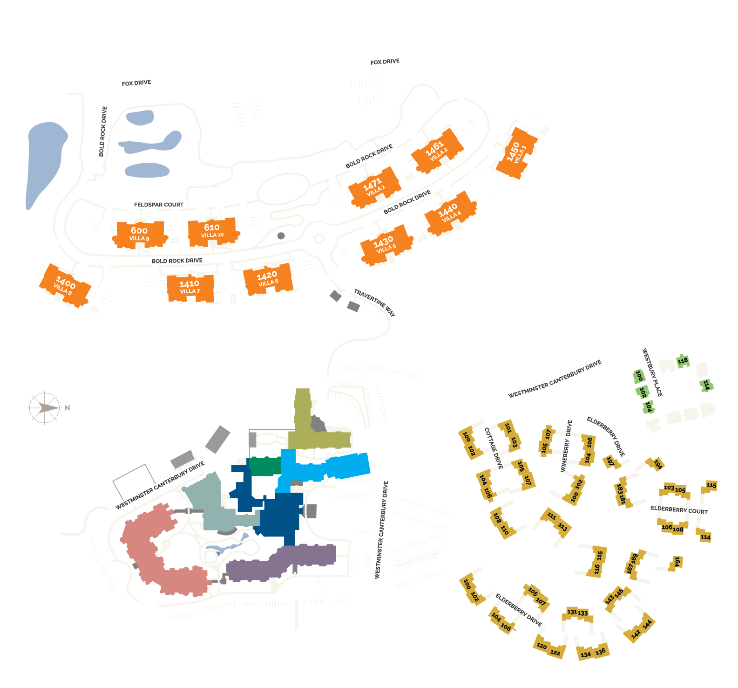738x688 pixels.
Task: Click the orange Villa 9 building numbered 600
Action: (140, 234)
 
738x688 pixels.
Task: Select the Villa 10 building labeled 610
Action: (212, 231)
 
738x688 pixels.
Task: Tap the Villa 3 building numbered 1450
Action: (516, 153)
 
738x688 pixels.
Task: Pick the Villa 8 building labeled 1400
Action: (65, 285)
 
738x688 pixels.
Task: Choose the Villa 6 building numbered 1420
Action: (268, 279)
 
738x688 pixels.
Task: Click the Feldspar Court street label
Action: (159, 205)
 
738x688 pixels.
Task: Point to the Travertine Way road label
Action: (374, 303)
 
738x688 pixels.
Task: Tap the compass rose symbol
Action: (44, 408)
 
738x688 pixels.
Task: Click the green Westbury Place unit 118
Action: (683, 361)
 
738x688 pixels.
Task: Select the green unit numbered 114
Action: (706, 385)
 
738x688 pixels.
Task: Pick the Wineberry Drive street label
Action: (566, 446)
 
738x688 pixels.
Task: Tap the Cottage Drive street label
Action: (494, 448)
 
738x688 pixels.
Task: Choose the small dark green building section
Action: (264, 466)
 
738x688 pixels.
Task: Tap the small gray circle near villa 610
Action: (281, 236)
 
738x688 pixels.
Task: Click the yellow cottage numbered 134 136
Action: (593, 652)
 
